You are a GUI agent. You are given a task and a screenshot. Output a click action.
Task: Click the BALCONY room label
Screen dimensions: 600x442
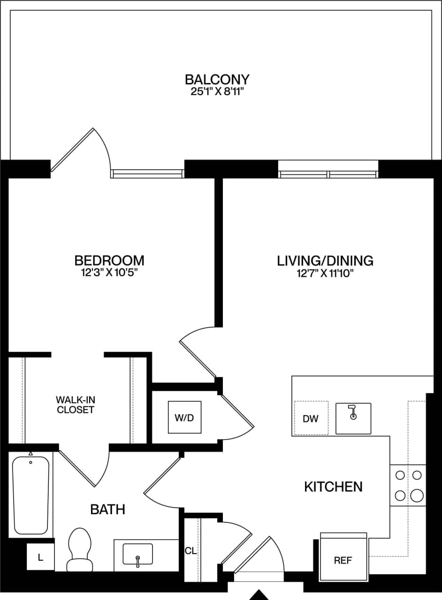point(217,79)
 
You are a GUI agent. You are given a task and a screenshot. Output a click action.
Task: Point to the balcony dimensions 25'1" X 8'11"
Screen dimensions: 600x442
point(217,91)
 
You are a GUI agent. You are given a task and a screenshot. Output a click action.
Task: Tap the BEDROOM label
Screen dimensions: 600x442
point(109,260)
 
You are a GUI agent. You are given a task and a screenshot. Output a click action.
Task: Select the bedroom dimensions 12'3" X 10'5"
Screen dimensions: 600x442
point(109,273)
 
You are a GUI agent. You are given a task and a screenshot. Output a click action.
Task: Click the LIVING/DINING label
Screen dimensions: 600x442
point(325,260)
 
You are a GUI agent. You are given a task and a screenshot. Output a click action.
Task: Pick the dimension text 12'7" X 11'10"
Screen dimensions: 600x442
point(325,273)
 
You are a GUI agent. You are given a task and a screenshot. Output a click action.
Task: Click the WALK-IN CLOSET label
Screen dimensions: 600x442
point(75,405)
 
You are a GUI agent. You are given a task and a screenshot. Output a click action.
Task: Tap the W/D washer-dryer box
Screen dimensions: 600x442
point(184,418)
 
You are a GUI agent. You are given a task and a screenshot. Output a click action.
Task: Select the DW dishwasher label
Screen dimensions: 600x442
point(310,419)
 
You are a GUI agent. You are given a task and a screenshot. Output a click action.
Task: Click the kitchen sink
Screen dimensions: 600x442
point(353,418)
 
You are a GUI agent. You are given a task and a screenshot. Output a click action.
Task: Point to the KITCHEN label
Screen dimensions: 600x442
point(333,487)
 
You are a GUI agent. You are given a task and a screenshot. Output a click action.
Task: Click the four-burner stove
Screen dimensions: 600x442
point(408,485)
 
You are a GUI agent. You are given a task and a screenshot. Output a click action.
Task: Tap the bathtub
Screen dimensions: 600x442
point(30,495)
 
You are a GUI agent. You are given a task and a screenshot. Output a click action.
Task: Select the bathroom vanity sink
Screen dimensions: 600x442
point(137,554)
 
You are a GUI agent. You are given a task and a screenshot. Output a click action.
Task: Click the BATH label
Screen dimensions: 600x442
point(107,509)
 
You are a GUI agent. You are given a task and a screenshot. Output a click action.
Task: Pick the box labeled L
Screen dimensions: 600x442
point(40,557)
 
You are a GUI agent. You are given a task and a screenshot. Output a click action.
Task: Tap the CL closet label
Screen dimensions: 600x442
point(191,551)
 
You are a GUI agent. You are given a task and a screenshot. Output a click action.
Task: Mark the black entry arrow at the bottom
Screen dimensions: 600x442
point(259,595)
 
